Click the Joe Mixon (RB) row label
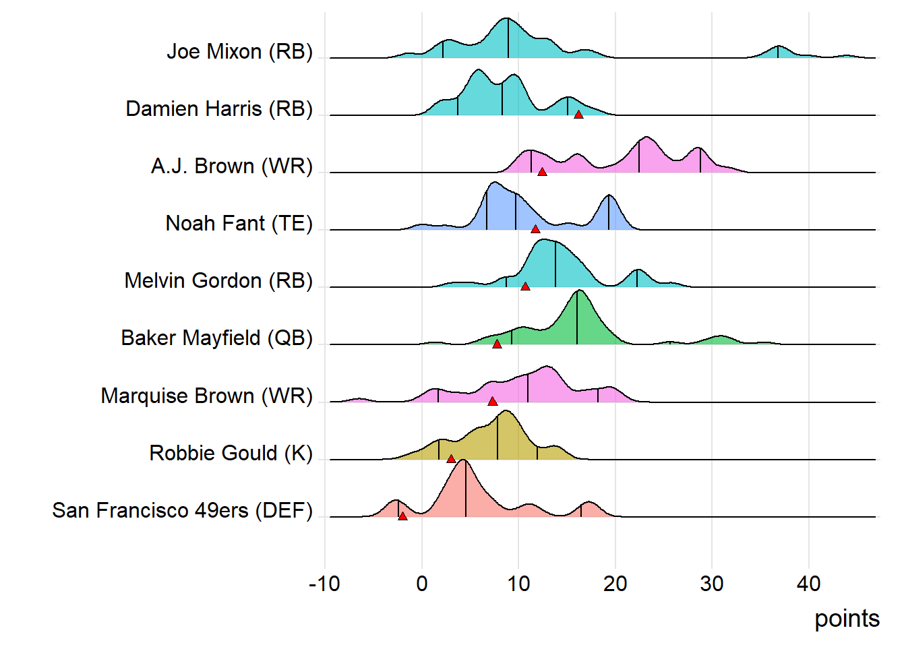(239, 51)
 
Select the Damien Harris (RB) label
(219, 109)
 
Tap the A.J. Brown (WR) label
(232, 166)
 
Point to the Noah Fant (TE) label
(239, 223)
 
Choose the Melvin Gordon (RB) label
(218, 280)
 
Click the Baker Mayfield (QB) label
(216, 338)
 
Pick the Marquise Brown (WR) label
(206, 396)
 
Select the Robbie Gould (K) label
(231, 453)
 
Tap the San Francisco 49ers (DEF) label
(182, 510)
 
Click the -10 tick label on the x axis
(324, 584)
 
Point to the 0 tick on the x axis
(422, 584)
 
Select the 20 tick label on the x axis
(615, 584)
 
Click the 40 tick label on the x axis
(808, 584)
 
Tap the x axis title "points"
(847, 619)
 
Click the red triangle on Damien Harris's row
(578, 115)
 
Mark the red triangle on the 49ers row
(402, 516)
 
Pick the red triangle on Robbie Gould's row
(451, 459)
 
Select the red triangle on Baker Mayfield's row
(497, 344)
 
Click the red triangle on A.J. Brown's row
(542, 172)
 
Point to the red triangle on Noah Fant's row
(535, 229)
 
